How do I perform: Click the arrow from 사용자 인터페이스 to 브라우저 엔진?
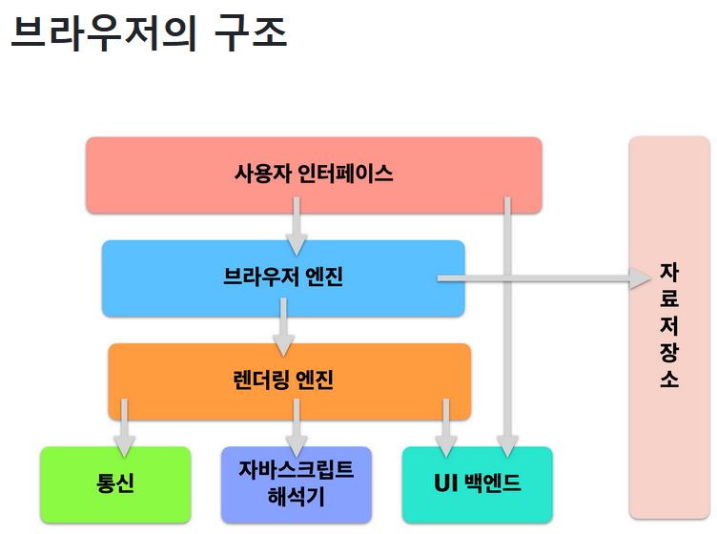297,227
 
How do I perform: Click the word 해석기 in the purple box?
296,496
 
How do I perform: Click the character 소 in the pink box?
669,379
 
